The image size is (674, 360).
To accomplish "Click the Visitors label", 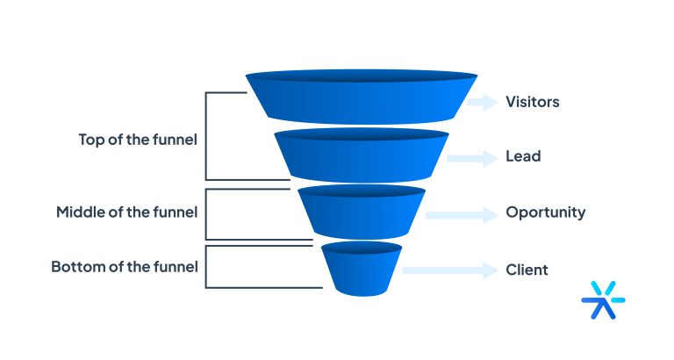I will click(532, 102).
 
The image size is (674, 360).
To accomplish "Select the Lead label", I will click(522, 157).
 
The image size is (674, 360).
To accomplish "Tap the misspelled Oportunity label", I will click(545, 212).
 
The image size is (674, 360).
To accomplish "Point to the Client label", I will click(527, 270).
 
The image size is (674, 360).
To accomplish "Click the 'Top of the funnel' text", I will click(138, 139).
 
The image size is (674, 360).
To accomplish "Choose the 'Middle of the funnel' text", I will click(126, 212).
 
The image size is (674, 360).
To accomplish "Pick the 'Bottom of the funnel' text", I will click(124, 266).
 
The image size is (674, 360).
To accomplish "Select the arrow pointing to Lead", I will click(470, 158).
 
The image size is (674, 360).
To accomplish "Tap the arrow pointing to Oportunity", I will click(460, 213).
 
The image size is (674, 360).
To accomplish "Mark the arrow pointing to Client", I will click(448, 270).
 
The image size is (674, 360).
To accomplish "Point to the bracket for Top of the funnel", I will click(207, 135).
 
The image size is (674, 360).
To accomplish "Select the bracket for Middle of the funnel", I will click(207, 213).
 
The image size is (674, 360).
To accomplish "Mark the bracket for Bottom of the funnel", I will click(207, 266).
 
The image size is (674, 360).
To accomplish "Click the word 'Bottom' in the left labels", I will click(75, 266).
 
